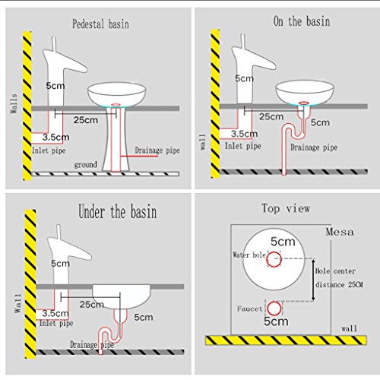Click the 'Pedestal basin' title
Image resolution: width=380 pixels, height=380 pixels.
coord(100,24)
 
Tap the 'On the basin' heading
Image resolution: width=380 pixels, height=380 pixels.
coord(302,21)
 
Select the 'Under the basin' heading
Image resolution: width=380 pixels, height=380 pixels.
coord(118,211)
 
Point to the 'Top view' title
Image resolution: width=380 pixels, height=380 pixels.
coord(286,208)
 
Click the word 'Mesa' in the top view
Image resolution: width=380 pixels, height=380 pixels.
coord(340,232)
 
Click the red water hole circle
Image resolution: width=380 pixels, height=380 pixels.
coord(274,259)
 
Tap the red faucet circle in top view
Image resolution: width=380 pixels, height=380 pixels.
coord(274,309)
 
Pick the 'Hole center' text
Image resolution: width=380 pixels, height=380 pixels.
coord(335,271)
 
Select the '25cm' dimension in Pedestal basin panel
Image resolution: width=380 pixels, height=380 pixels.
coord(86,120)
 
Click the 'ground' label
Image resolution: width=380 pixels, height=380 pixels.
coord(85,165)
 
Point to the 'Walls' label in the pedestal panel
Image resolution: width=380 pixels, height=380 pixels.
coord(14,103)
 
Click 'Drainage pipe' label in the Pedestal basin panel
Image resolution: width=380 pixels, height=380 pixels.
coord(157,150)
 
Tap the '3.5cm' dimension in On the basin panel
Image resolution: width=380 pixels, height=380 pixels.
coord(244,134)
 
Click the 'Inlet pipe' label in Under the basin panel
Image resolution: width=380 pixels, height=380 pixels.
coord(56,323)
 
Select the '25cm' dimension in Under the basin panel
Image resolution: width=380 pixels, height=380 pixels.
coord(92,304)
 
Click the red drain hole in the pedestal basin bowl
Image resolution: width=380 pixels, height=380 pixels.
coord(116,105)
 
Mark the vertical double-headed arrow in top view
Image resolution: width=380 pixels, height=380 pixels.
coord(313,280)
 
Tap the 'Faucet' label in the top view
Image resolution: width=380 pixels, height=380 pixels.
coord(249,309)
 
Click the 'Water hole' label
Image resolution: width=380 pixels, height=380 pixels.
coord(249,255)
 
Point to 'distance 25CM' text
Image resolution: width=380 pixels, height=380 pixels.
coord(339,285)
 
